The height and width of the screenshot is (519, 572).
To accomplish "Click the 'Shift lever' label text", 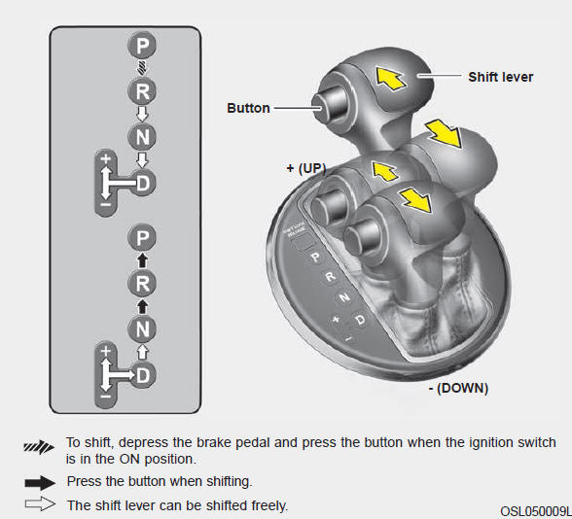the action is click(x=500, y=78).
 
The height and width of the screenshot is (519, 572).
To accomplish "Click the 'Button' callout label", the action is click(x=248, y=108).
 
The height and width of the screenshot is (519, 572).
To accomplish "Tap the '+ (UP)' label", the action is click(x=306, y=168).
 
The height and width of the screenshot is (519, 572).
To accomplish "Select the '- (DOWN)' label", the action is click(x=458, y=388).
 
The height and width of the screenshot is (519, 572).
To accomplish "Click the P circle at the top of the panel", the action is click(x=142, y=46).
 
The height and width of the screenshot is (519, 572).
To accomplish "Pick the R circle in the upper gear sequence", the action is click(x=142, y=91).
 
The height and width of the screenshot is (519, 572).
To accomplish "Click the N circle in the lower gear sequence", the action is click(x=142, y=329).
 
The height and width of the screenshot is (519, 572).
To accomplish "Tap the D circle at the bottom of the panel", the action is click(x=143, y=375).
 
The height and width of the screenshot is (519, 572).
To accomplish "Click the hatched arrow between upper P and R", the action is click(x=142, y=68).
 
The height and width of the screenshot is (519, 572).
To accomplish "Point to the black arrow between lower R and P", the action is click(x=142, y=260).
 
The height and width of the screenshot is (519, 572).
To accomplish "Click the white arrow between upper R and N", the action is click(x=142, y=114).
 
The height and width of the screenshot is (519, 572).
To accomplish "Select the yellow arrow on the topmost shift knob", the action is click(x=390, y=79).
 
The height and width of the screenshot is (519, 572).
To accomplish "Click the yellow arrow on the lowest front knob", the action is click(x=416, y=200).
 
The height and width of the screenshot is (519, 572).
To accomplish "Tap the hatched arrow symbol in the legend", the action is click(x=39, y=446).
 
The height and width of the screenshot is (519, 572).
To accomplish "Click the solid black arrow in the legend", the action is click(x=40, y=482).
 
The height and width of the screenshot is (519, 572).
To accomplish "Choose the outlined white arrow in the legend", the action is click(x=40, y=503).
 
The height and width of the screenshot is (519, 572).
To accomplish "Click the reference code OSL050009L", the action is click(x=535, y=511).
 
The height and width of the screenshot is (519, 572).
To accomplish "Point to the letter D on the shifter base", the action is click(x=360, y=320).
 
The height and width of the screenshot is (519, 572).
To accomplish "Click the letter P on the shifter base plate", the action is click(x=316, y=258).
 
